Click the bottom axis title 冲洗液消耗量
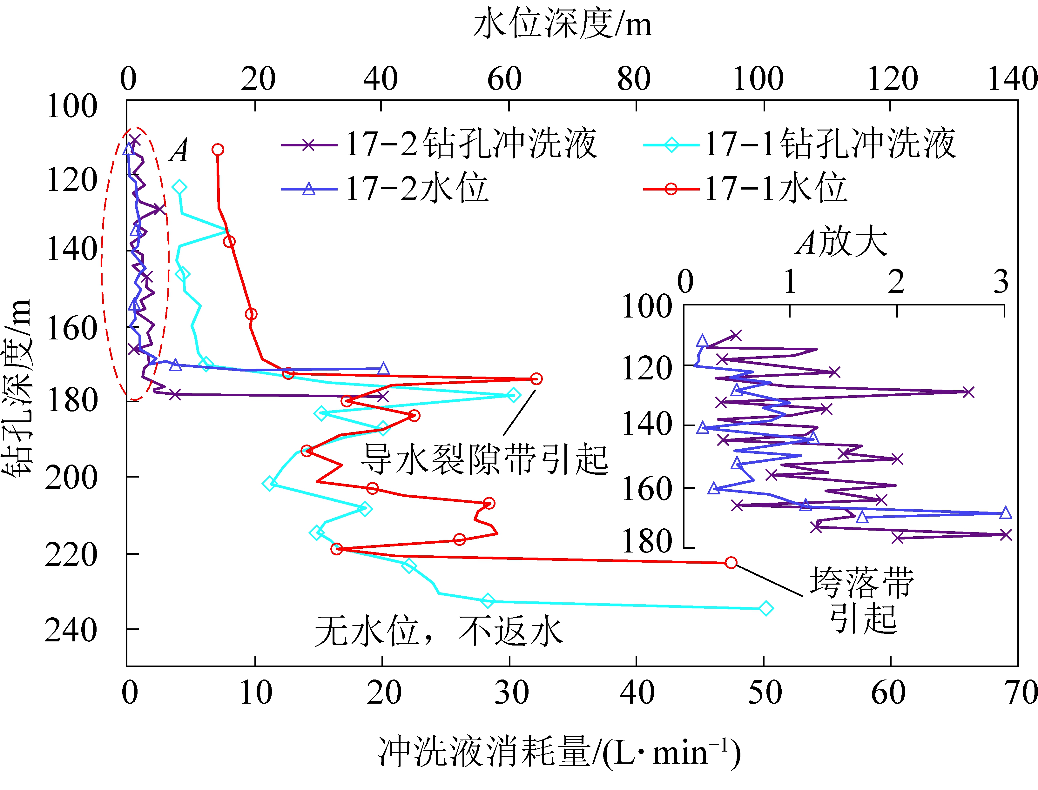point(559,753)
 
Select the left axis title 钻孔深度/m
point(18,388)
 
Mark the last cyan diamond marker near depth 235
point(766,608)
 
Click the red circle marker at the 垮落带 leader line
point(731,562)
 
